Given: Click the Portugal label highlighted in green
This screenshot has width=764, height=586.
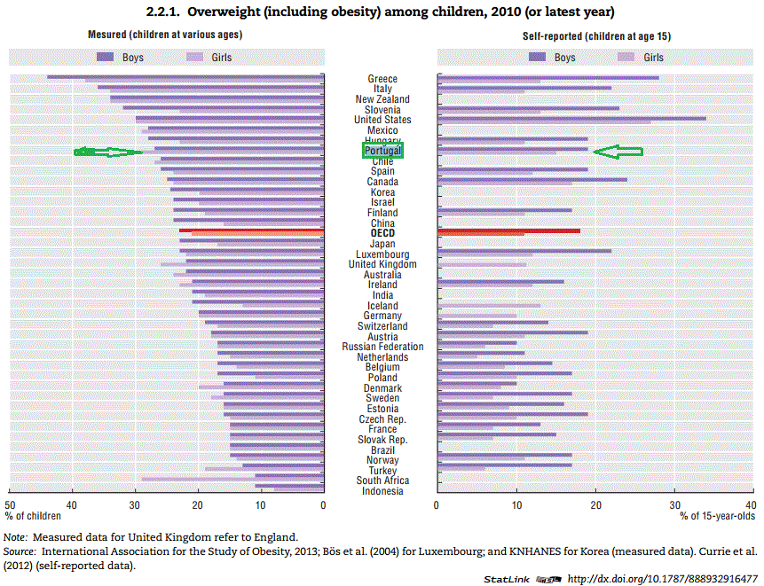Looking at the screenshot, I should [382, 152].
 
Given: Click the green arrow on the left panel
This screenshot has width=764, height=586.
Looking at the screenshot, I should [107, 152].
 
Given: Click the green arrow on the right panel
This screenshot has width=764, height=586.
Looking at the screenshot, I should [618, 152].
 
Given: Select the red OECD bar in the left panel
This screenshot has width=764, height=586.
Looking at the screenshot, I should [251, 231].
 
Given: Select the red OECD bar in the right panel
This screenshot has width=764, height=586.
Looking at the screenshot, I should [508, 231].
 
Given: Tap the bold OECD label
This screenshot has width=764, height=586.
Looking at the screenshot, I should [382, 233].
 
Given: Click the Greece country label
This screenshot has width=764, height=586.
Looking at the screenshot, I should [382, 79].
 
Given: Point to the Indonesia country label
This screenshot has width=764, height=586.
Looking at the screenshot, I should [382, 491].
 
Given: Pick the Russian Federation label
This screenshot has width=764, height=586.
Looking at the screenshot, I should [382, 347].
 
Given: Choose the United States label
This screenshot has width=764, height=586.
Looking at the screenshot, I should [382, 120].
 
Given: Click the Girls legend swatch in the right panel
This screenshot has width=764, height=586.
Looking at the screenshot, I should [628, 57].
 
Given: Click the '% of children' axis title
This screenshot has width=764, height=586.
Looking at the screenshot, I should [33, 515].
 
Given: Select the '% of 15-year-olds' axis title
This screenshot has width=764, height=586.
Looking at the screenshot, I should [718, 515].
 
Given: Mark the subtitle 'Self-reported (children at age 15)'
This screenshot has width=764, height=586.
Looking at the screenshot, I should [594, 35].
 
